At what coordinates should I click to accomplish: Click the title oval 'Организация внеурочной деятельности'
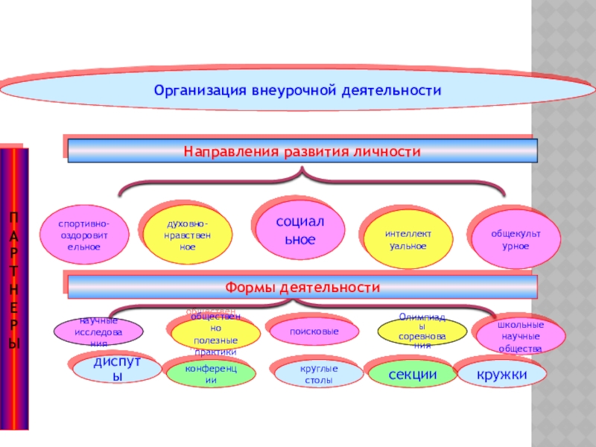tap(298, 90)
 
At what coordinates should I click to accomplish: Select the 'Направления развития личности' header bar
tap(302, 151)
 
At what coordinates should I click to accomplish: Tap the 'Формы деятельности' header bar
tap(302, 287)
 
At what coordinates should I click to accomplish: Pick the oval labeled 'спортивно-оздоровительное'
tap(83, 235)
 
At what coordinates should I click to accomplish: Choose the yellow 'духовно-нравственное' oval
tap(187, 235)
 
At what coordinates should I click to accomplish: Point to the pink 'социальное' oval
tap(300, 231)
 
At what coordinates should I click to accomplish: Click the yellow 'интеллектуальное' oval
tap(408, 239)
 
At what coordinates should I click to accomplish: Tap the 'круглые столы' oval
tap(320, 375)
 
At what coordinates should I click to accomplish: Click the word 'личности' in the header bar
tap(390, 151)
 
